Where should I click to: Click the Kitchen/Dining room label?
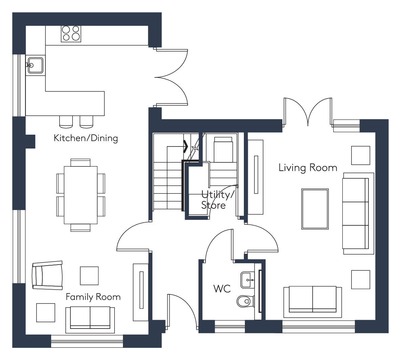point(86,138)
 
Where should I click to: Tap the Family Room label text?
point(93,297)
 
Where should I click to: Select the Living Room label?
point(308,168)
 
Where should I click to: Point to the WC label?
point(222,289)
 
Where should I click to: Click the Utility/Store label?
point(217,200)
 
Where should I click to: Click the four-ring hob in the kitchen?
point(71,34)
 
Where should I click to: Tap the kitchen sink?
point(35,65)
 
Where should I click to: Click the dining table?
point(81,195)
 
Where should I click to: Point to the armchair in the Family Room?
point(47,275)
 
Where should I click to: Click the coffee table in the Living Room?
point(315,209)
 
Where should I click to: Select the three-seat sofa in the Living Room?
point(358,213)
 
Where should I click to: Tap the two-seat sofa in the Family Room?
point(90,320)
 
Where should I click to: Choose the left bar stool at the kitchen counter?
point(66,122)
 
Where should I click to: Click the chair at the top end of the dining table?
point(80,162)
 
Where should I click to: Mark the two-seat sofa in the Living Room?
point(313,302)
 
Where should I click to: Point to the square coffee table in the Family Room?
point(89,276)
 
